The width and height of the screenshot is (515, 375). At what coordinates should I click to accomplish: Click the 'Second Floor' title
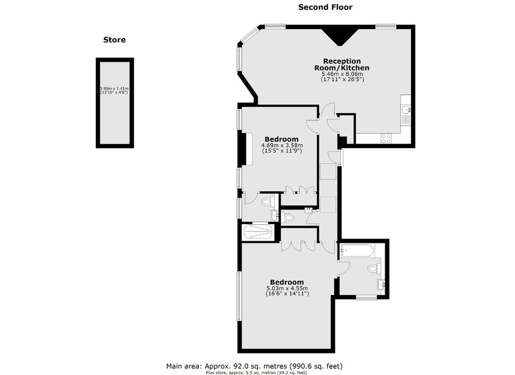point(325,7)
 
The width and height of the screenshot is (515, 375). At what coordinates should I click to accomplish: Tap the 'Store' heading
point(115,40)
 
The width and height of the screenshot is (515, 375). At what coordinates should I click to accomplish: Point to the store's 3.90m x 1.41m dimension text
point(114,90)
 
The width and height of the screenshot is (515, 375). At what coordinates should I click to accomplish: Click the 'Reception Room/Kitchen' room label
point(342,64)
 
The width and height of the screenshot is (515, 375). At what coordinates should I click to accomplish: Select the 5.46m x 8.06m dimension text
point(342,74)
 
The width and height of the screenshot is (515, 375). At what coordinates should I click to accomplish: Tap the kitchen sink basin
point(406,109)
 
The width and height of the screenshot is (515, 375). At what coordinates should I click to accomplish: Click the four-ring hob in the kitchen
point(386,138)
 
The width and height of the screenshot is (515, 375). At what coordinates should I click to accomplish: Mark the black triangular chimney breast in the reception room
point(340,36)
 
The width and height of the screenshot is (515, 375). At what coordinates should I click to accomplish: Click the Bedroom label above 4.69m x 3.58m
point(282,139)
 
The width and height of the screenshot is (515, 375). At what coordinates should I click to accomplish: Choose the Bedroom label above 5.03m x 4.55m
point(287,282)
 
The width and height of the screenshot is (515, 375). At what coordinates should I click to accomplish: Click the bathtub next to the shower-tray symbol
point(357,251)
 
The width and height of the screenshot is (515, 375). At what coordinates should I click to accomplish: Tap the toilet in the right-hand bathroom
point(374,269)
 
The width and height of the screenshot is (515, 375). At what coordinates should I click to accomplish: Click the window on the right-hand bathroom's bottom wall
point(366,298)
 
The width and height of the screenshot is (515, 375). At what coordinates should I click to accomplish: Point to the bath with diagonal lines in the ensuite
point(257,232)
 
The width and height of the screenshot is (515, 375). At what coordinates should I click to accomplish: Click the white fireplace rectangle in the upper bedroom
point(249,149)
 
